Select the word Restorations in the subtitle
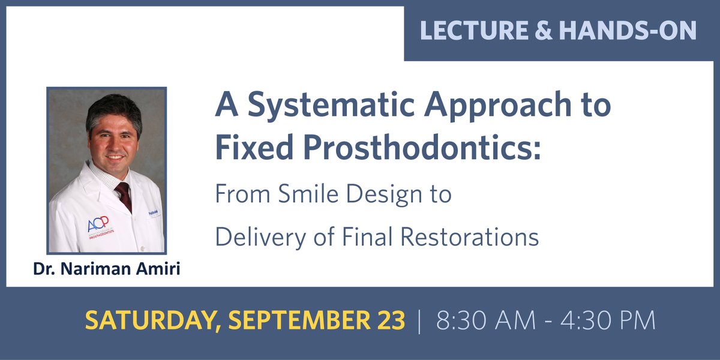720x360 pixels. [469, 237]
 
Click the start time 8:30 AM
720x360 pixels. [484, 321]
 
